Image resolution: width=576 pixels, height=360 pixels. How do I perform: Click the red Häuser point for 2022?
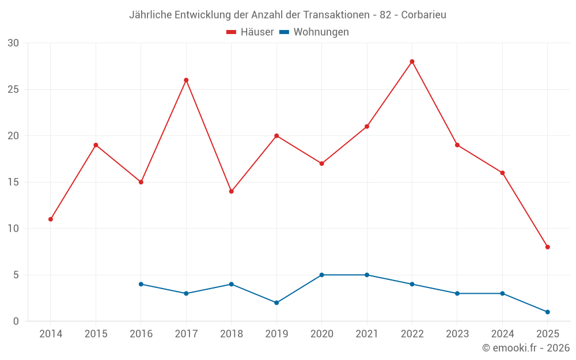[412, 62]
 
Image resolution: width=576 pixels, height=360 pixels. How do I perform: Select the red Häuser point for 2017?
[186, 80]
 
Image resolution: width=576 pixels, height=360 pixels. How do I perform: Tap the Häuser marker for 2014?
[51, 219]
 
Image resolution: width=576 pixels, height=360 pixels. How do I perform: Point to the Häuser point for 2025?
[548, 247]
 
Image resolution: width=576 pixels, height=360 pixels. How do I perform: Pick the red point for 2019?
[276, 136]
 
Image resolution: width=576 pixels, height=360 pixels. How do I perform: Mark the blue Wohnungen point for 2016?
[141, 284]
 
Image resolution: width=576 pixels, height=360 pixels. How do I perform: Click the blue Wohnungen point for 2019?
[276, 302]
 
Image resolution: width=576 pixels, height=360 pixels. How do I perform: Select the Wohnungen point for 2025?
[548, 312]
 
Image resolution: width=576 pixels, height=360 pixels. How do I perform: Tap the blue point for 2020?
[321, 275]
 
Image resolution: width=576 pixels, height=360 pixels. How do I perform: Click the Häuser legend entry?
[250, 32]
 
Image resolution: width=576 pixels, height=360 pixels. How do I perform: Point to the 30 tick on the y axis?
[13, 43]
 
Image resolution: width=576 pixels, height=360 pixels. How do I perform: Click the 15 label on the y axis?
[13, 182]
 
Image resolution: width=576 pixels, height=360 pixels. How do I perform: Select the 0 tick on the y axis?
[16, 321]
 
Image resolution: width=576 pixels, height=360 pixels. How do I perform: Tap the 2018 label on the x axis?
[231, 334]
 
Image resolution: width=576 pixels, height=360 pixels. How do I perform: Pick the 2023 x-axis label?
[457, 334]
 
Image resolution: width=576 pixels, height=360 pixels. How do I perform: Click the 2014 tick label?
[51, 334]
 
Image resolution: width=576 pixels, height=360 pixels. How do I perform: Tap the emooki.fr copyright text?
[525, 348]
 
